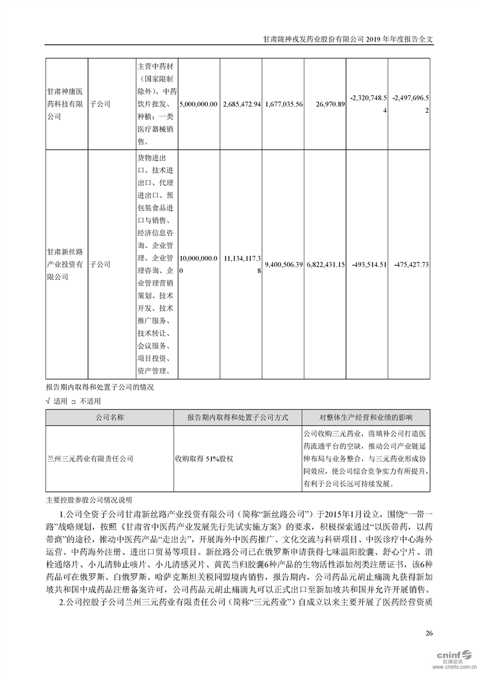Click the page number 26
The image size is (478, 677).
[x=429, y=632]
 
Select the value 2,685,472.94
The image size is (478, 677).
[x=242, y=104]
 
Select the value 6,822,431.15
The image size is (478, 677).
[x=325, y=264]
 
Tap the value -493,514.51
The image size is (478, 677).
[x=367, y=264]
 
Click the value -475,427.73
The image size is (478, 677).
[x=410, y=264]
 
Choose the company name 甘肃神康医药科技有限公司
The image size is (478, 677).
[x=66, y=104]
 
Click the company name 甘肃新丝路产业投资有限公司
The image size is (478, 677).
[x=66, y=264]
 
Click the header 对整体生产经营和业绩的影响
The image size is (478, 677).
[x=366, y=417]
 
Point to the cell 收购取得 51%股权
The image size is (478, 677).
[x=204, y=459]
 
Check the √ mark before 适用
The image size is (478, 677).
[x=48, y=401]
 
